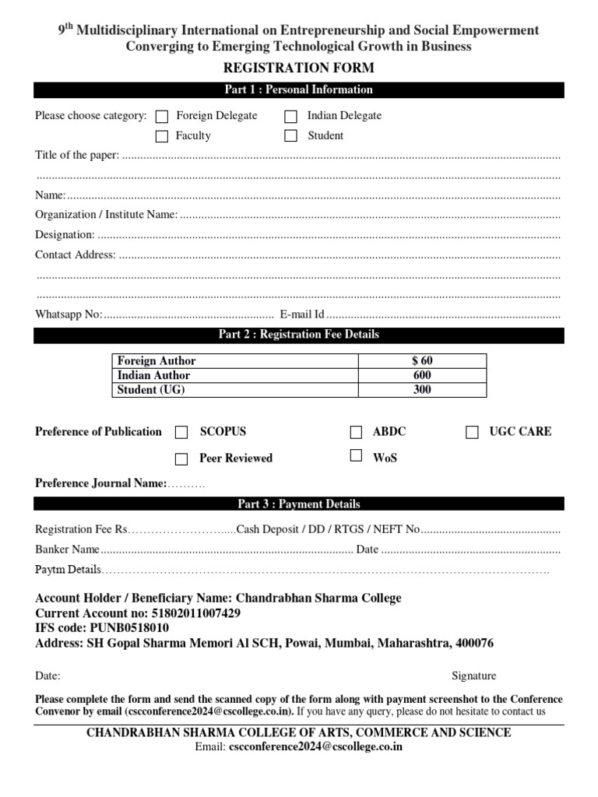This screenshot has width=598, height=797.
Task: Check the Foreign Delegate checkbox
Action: [x=162, y=117]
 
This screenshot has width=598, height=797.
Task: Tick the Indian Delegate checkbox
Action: [x=290, y=117]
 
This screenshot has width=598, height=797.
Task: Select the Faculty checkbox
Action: [x=162, y=136]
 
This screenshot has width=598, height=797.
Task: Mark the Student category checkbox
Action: [x=290, y=136]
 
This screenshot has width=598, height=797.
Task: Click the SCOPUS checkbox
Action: [x=181, y=433]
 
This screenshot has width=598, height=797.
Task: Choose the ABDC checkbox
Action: [x=356, y=433]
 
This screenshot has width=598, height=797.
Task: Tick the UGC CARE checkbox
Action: [x=472, y=433]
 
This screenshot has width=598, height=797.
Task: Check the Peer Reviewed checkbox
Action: [x=181, y=458]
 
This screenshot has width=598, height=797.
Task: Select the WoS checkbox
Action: [x=356, y=456]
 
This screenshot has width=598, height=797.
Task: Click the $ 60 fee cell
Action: [x=422, y=361]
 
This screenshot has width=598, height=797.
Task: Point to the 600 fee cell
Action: [x=422, y=375]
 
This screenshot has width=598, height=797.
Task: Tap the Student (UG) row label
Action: [x=151, y=390]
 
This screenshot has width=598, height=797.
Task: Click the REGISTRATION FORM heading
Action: [x=299, y=68]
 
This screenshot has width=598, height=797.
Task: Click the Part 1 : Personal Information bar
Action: [x=299, y=90]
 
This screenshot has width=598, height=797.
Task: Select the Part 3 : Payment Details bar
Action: [x=299, y=504]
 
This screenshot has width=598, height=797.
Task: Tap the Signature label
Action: [x=473, y=676]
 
